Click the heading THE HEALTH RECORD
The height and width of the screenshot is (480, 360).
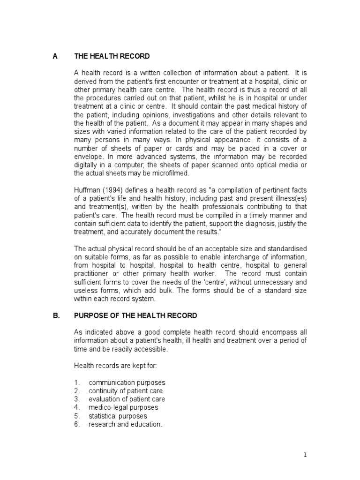coord(112,56)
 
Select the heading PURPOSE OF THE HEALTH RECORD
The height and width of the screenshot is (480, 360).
coord(135,315)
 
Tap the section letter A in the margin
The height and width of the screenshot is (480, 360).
coord(55,56)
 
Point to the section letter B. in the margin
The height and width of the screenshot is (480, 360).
coord(56,315)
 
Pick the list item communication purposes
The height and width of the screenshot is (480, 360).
coord(127,382)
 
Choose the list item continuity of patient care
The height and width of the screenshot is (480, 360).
coord(125,391)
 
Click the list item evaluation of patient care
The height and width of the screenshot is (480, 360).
coord(127,399)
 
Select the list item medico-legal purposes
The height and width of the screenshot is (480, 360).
coord(123,407)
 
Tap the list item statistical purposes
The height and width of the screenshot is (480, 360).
coord(118,416)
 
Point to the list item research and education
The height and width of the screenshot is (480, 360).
coord(125,424)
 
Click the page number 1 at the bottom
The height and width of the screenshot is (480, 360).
coord(304,455)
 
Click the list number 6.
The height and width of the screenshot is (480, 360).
coord(77,424)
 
